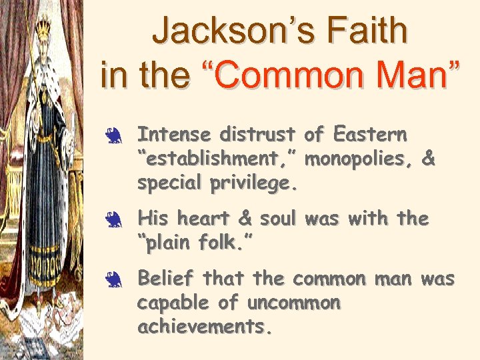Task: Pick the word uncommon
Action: tap(294, 303)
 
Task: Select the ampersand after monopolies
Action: tap(429, 160)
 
